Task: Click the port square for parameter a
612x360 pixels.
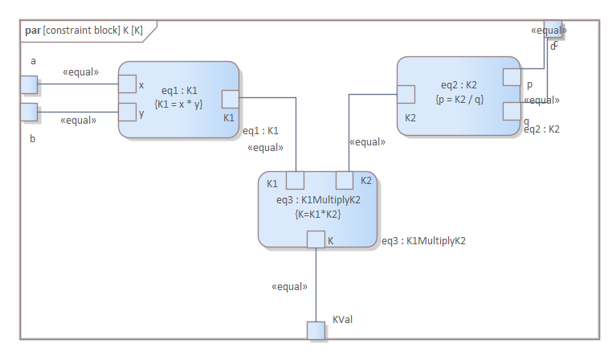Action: click(29, 84)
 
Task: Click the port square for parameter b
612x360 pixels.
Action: click(29, 112)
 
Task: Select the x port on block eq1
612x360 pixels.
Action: click(128, 84)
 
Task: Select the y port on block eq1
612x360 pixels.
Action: click(128, 112)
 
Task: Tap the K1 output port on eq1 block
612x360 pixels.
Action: click(231, 99)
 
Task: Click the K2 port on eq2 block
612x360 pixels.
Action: click(406, 94)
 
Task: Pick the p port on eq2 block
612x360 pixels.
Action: click(512, 77)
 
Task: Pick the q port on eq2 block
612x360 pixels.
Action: click(512, 111)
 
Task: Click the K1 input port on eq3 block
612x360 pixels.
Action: click(295, 180)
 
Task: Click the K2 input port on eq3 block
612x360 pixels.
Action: click(345, 180)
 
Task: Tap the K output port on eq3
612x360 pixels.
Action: click(316, 239)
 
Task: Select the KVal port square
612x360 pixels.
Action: click(316, 330)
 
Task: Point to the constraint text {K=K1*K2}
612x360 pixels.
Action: click(316, 214)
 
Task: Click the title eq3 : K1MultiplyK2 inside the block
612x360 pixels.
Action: click(316, 200)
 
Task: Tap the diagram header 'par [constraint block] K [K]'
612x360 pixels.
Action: click(84, 31)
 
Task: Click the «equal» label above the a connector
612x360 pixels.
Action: click(80, 72)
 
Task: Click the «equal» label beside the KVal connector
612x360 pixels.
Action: click(290, 286)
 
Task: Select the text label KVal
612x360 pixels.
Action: click(343, 320)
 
